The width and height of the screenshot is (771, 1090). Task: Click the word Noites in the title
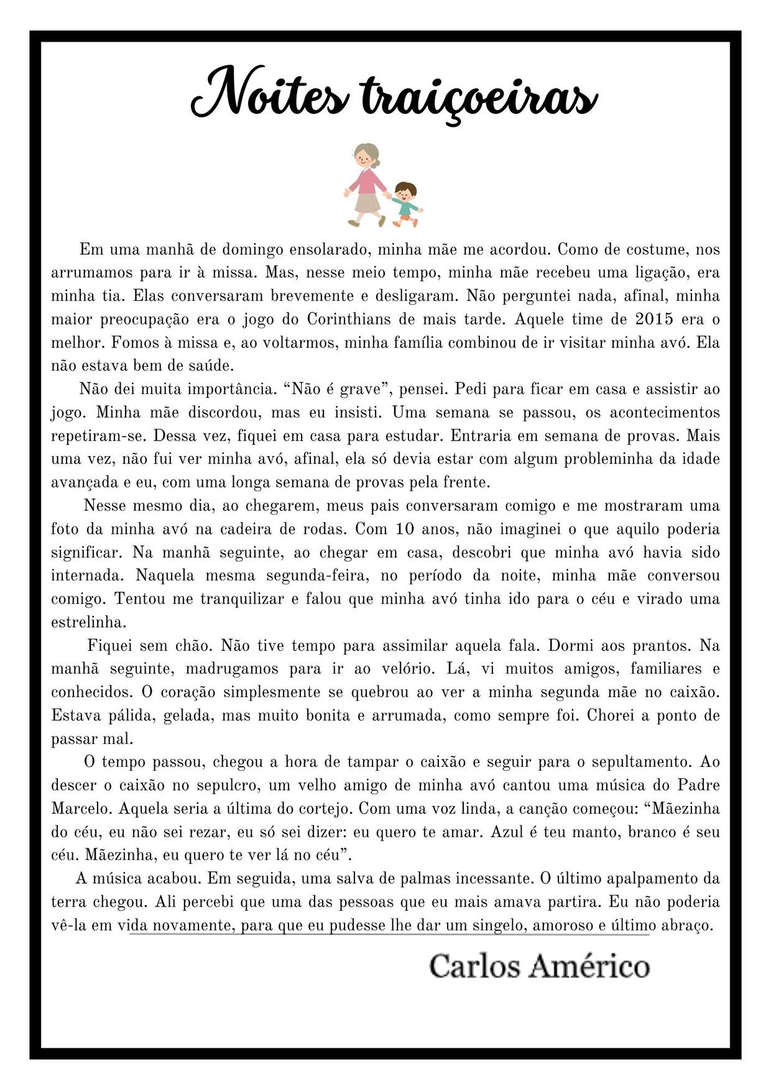coord(269,94)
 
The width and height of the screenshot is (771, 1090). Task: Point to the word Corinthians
coord(348,319)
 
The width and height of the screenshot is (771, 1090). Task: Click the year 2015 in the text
coord(654,319)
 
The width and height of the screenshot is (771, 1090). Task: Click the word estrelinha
coord(88,622)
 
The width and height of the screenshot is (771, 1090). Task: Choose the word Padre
coord(698,785)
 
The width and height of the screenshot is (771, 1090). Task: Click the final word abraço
coord(686,925)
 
